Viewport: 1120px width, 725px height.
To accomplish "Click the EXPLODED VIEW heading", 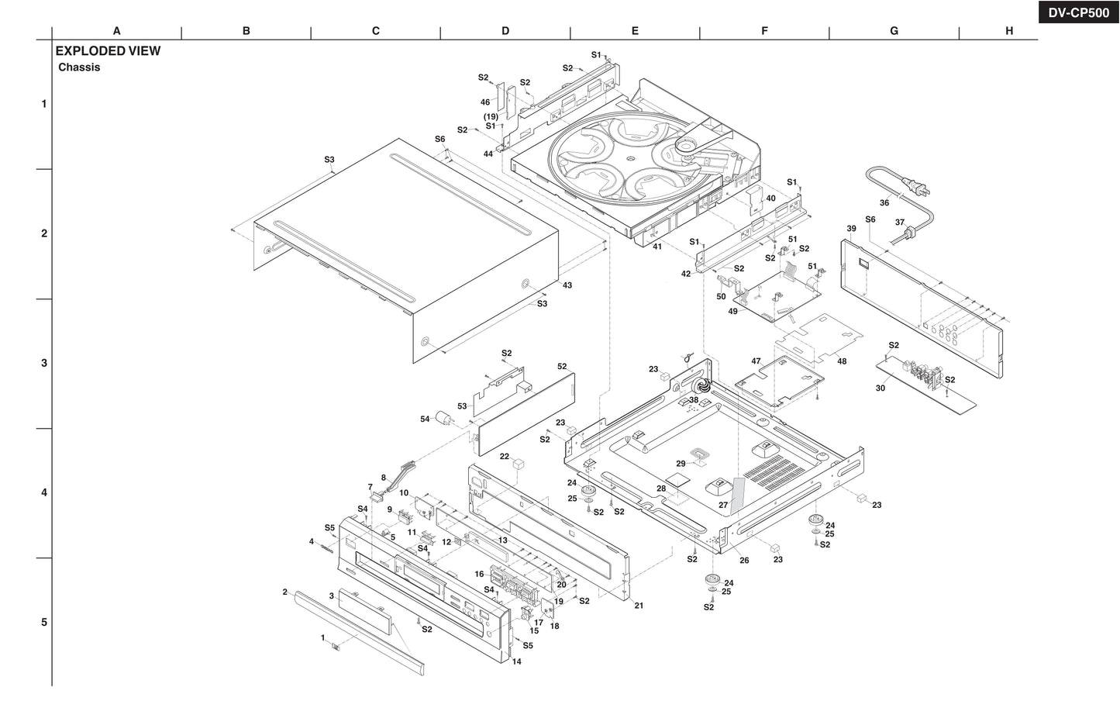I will coord(108,51).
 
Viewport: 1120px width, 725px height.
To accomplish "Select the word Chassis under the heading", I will coord(79,67).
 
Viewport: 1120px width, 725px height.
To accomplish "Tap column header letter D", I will coord(505,31).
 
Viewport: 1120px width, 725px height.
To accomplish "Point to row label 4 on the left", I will coord(43,492).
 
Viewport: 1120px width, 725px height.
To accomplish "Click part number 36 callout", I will coord(884,203).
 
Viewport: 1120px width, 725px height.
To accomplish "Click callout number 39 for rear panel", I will coord(851,229).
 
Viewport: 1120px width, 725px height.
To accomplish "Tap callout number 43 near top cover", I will coord(567,285).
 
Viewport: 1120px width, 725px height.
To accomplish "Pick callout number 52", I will coord(562,367).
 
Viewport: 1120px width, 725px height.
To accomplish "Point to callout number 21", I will coord(639,606).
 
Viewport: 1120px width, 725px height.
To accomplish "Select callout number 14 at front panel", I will coord(516,661).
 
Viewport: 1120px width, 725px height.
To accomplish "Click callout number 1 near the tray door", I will coord(322,637).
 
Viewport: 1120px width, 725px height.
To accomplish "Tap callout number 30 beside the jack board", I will coord(880,388).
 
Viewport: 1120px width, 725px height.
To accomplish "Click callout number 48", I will coord(842,361).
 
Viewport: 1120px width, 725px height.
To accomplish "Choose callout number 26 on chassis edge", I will coord(744,561).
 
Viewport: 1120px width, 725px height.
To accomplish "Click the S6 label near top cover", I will coord(440,140).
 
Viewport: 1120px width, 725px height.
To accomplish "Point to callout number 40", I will coord(770,199).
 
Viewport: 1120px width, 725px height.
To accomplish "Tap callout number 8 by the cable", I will coord(383,478).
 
